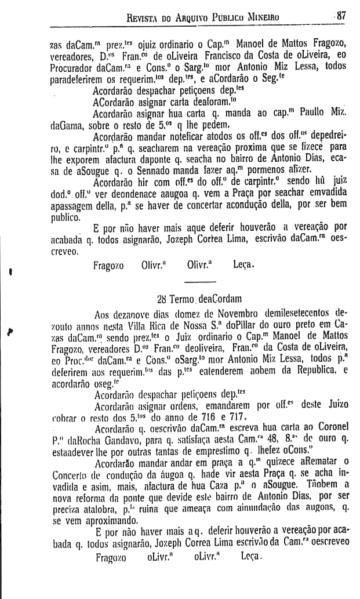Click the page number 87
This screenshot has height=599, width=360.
(x=340, y=16)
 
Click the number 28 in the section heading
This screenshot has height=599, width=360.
(x=163, y=300)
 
